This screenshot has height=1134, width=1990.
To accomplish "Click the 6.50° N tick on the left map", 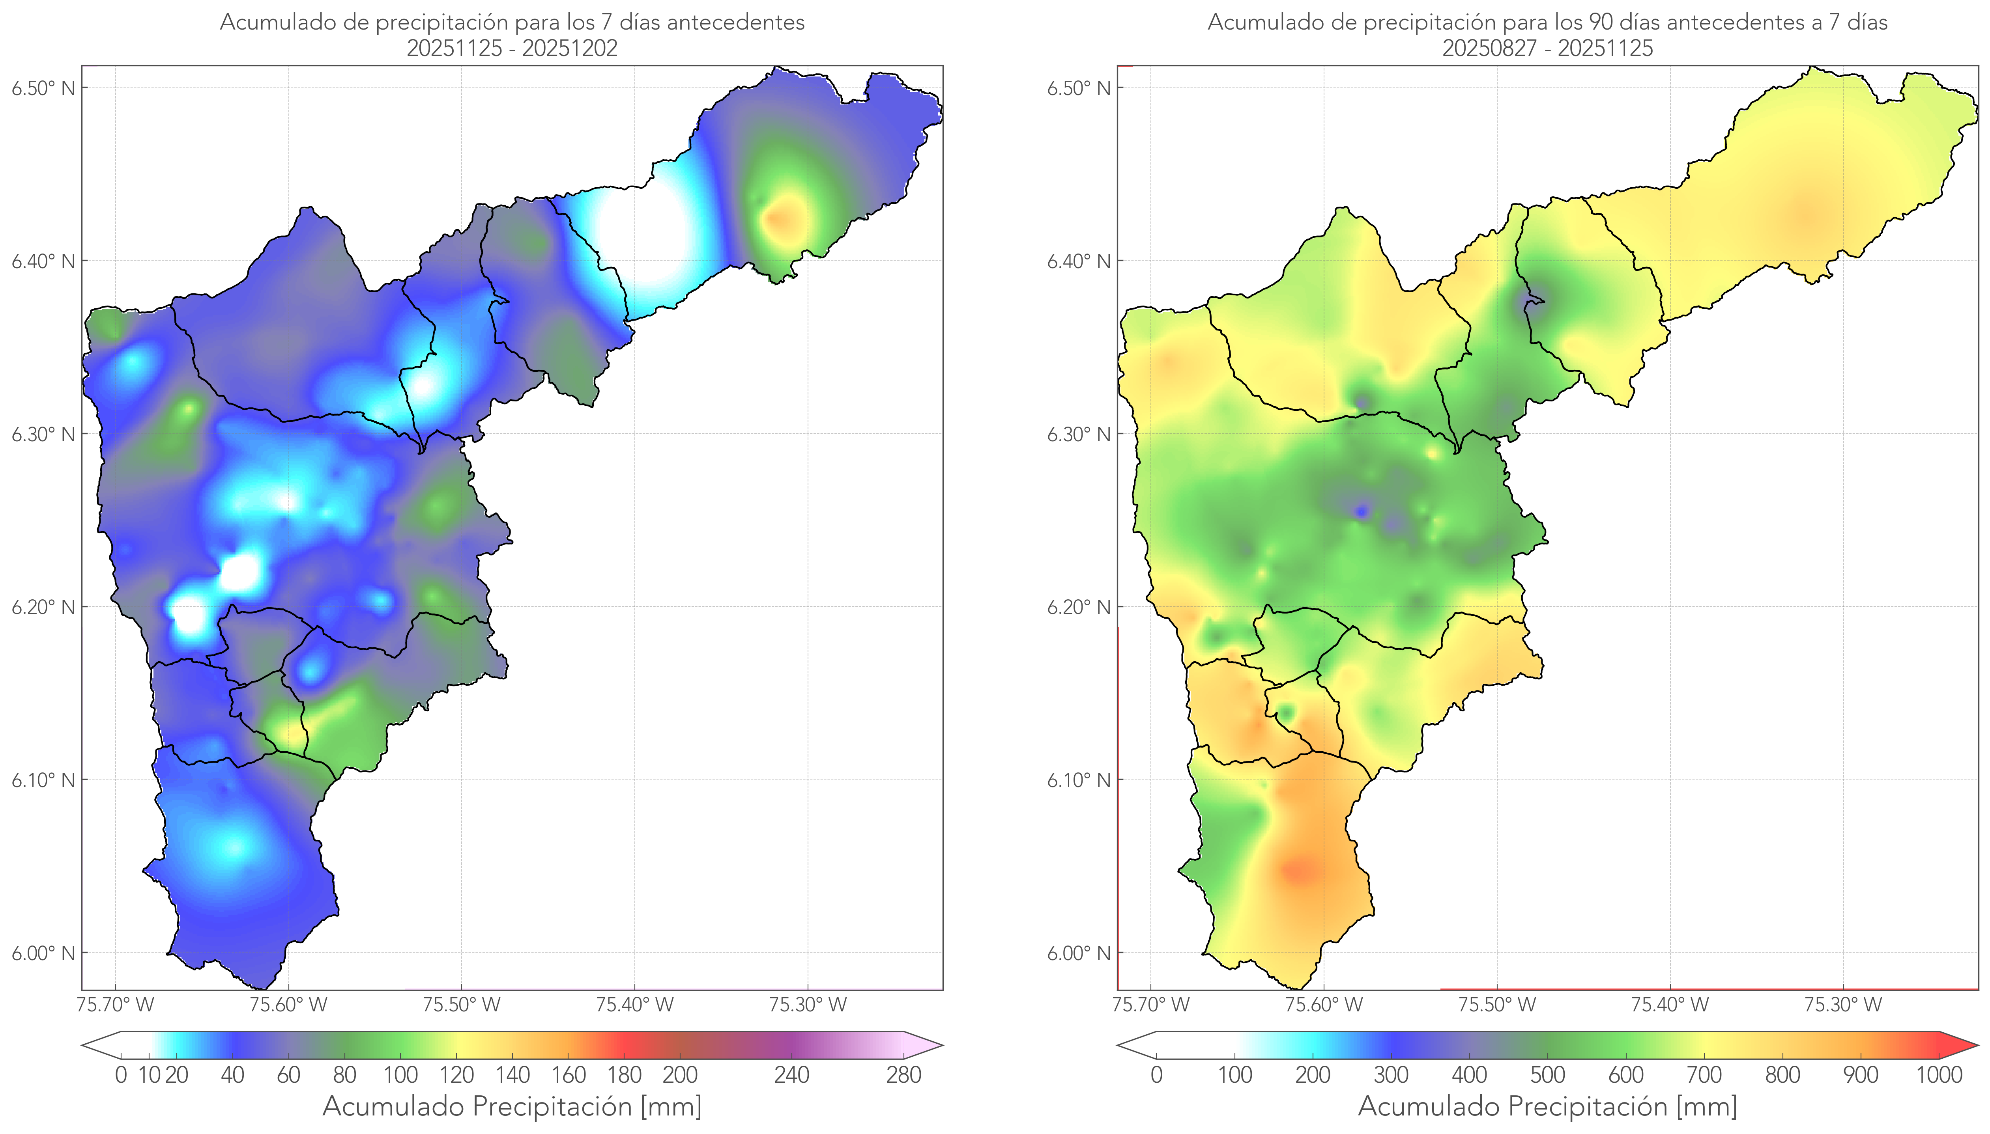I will click(43, 88).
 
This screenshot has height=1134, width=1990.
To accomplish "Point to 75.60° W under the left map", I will click(288, 1005).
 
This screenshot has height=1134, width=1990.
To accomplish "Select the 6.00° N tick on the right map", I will click(1078, 953).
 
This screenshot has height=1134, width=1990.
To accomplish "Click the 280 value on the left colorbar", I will click(904, 1075).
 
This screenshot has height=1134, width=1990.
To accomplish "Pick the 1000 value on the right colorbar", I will click(1939, 1075).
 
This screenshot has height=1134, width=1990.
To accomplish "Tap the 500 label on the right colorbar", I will click(1547, 1075).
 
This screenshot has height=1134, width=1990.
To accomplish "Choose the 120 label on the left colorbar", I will click(456, 1075).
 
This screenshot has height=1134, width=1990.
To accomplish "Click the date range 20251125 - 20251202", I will click(512, 48).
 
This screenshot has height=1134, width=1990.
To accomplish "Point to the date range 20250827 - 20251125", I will click(1547, 48).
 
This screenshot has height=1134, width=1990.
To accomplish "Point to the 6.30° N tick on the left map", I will click(43, 434).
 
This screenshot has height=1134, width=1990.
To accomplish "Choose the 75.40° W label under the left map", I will click(634, 1005).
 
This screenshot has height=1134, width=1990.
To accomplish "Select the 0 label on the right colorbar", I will click(1156, 1075).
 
